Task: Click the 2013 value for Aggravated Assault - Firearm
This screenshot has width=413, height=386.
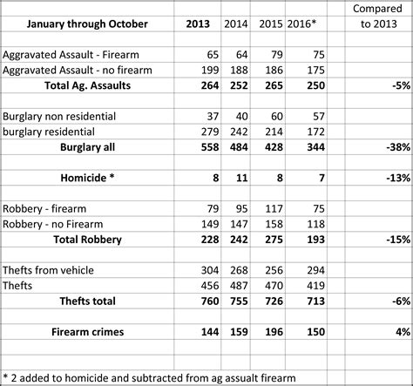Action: click(x=206, y=54)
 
